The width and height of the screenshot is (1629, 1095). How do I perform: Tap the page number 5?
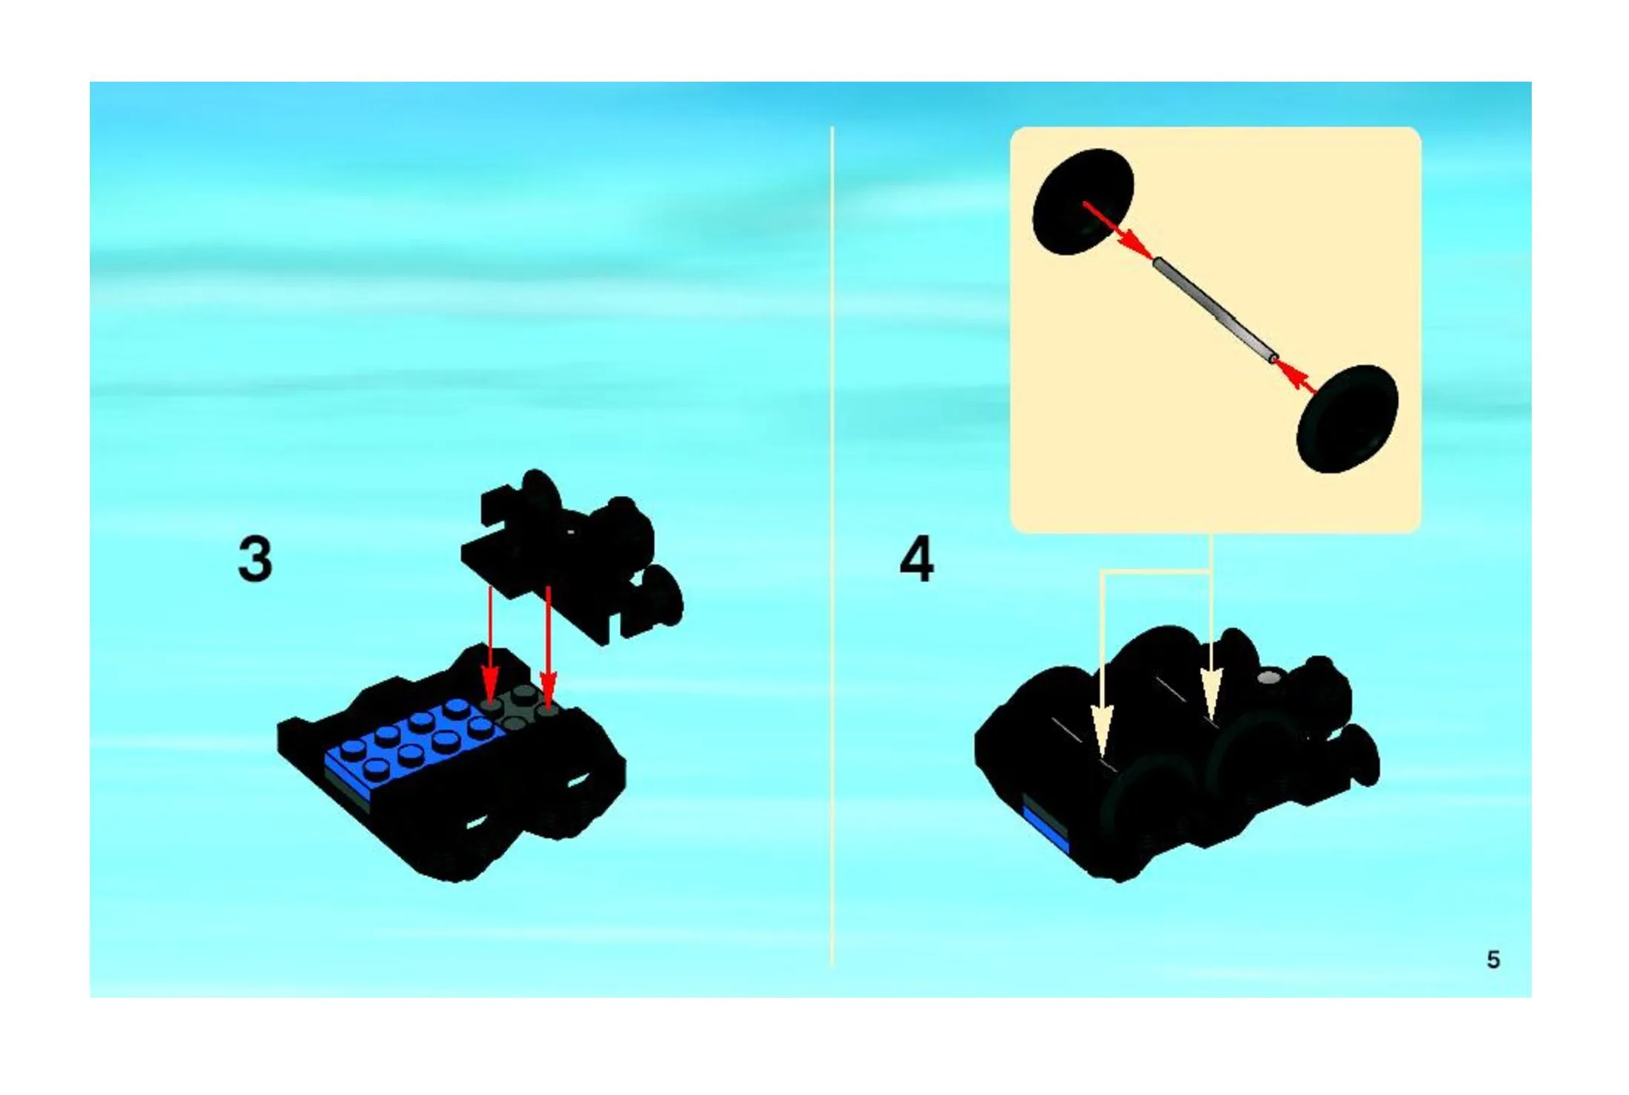pos(1493,960)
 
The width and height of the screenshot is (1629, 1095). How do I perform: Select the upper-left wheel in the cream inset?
pos(1083,202)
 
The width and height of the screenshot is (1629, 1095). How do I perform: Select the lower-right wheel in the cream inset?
pos(1348,419)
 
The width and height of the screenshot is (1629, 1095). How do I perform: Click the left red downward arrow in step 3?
pos(490,643)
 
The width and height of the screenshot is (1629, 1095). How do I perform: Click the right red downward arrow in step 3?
pos(548,647)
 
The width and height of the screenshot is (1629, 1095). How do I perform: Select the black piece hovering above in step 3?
pos(572,557)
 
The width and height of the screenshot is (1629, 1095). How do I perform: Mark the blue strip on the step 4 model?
pos(1045,829)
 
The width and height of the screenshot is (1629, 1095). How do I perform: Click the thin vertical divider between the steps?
pos(832,546)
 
